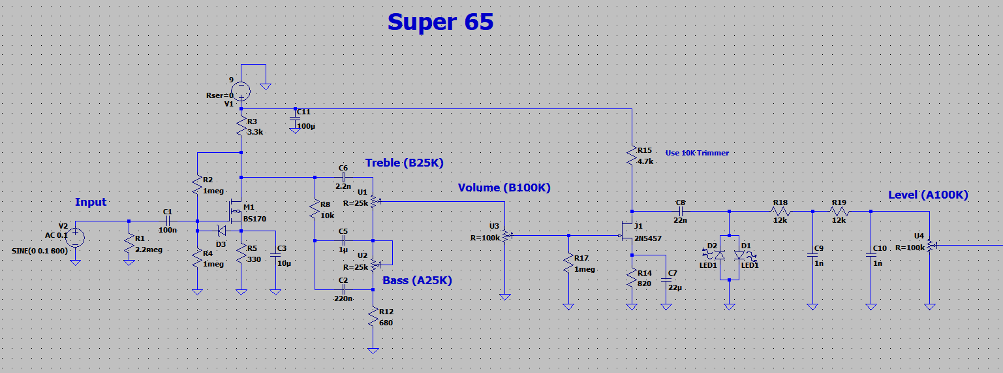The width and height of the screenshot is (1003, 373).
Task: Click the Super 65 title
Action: click(440, 22)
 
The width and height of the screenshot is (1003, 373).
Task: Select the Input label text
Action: click(91, 202)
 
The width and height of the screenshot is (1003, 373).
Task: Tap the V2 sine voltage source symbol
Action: click(75, 236)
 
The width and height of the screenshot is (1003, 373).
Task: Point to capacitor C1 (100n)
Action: click(167, 221)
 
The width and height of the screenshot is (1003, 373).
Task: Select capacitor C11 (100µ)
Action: click(296, 119)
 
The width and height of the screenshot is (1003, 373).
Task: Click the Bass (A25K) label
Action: click(417, 280)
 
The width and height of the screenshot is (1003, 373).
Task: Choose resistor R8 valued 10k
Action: click(315, 210)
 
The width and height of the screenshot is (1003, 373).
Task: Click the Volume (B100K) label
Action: click(504, 187)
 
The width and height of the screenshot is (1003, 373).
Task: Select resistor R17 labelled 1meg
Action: click(569, 263)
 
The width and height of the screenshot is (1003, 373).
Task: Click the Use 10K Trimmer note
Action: click(697, 153)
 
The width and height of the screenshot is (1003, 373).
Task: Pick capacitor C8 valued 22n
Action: click(681, 211)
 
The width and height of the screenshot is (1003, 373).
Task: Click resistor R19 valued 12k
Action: click(839, 211)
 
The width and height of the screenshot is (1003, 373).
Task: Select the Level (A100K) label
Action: click(928, 195)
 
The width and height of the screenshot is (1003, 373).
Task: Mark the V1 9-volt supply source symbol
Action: click(241, 89)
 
